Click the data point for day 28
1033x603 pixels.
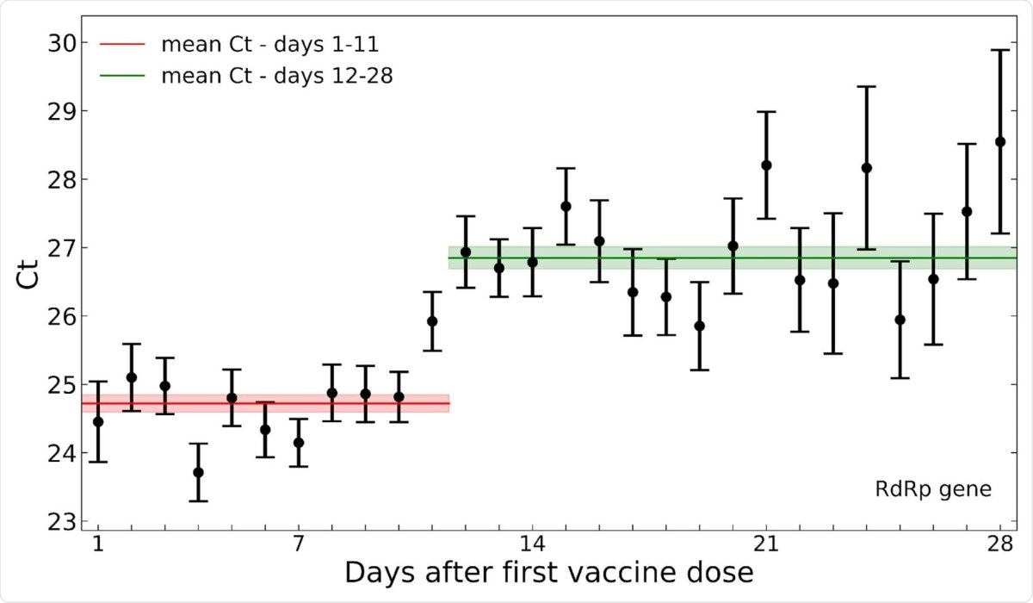[x=1000, y=141]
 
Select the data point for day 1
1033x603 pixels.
[x=98, y=421]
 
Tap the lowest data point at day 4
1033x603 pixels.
[x=198, y=472]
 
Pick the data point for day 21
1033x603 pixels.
[x=766, y=165]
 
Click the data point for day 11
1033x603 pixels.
[x=432, y=321]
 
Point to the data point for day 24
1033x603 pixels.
[x=867, y=167]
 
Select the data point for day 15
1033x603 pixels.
[x=566, y=206]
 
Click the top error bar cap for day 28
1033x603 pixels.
[x=1000, y=50]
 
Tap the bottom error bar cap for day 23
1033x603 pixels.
[x=833, y=353]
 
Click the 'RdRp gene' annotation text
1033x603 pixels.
[x=933, y=490]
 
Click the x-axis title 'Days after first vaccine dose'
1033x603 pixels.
[x=549, y=573]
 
